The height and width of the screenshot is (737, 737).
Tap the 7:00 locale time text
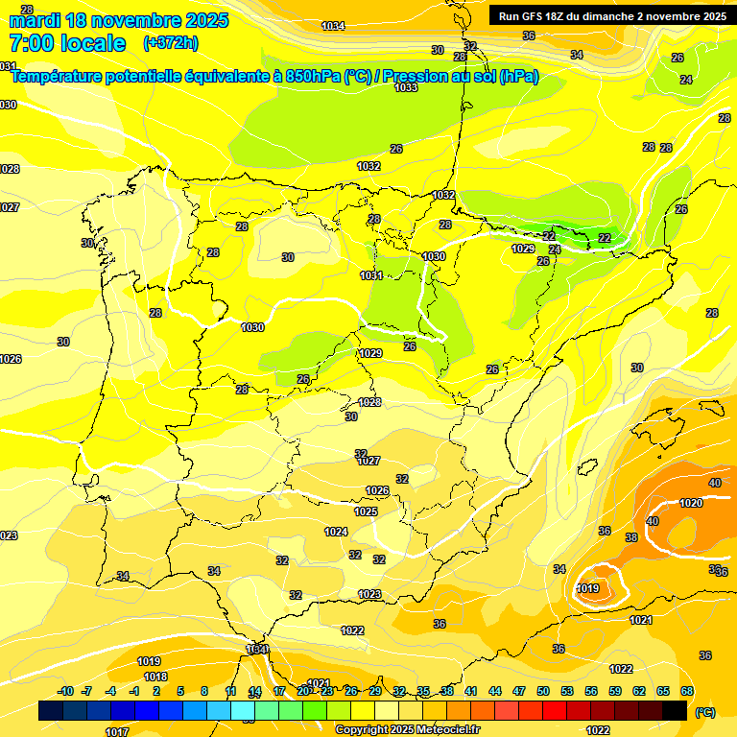[x=67, y=43]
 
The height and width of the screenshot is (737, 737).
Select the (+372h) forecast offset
[x=171, y=43]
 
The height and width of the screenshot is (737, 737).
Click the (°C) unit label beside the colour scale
[x=704, y=712]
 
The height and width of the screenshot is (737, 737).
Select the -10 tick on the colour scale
[x=65, y=691]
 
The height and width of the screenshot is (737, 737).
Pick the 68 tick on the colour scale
[x=687, y=691]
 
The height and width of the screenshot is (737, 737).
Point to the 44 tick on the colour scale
[x=495, y=691]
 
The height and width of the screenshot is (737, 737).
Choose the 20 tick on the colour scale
[x=303, y=691]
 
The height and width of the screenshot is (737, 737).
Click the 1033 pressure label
[x=406, y=87]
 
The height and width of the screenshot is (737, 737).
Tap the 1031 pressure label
[x=371, y=276]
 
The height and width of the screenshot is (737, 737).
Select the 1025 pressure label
[x=366, y=511]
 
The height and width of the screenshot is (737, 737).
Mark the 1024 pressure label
[x=336, y=532]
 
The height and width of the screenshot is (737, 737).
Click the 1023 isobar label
[x=369, y=594]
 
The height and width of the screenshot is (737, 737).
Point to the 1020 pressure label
[x=691, y=503]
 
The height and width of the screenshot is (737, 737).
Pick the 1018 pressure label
[x=155, y=677]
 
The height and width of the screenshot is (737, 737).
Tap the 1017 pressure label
[x=117, y=731]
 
